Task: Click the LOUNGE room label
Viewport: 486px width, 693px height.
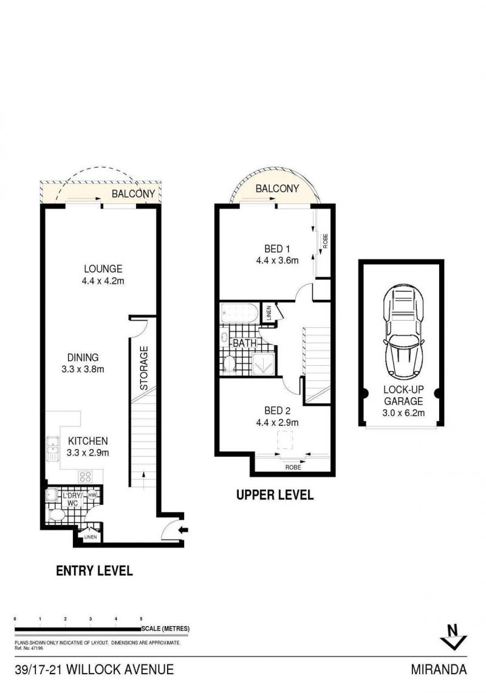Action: (x=103, y=269)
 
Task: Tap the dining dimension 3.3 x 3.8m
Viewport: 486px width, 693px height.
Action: (x=83, y=369)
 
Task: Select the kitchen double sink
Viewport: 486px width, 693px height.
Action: (x=52, y=448)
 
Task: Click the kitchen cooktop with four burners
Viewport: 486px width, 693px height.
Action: (x=85, y=477)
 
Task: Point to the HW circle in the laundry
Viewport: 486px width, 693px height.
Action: (x=92, y=495)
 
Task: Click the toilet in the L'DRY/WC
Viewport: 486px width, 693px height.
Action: (x=56, y=515)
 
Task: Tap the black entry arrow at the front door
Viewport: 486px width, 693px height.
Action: (x=183, y=530)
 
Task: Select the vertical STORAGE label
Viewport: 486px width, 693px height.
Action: (x=144, y=367)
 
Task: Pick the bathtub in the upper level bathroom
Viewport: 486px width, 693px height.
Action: (x=239, y=313)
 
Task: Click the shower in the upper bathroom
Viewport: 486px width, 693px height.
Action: (x=264, y=364)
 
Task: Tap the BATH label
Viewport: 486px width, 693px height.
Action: (x=244, y=343)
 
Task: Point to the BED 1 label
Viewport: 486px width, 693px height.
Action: (x=277, y=249)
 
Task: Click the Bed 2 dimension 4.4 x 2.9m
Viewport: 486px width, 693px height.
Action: (x=277, y=422)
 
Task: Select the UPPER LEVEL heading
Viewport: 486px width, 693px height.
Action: (x=275, y=495)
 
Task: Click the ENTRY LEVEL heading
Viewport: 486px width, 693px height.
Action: (x=94, y=571)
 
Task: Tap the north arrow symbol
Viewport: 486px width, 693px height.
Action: (x=453, y=637)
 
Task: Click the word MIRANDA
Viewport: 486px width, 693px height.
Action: (x=439, y=670)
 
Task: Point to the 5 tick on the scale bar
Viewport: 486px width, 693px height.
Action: (x=142, y=619)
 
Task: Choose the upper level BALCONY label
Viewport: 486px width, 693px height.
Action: (x=277, y=189)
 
